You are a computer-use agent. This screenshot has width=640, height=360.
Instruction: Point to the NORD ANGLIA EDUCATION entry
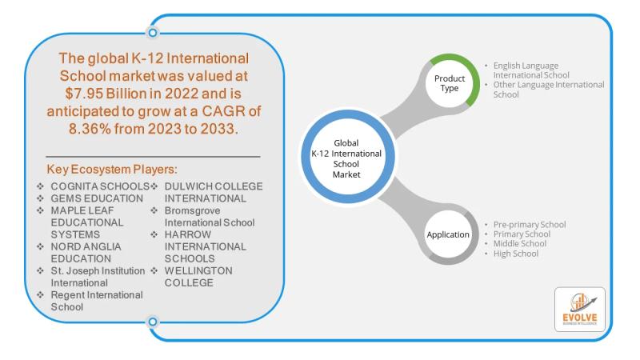86,253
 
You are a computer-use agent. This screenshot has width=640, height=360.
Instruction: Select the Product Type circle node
450,83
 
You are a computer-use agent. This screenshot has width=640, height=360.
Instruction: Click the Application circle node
448,236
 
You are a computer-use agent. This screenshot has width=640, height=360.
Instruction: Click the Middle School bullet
521,243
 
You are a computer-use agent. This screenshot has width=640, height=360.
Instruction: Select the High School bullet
516,254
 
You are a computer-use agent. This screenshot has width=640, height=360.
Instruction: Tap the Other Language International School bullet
549,89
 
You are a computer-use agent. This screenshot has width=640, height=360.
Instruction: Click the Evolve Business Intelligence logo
579,310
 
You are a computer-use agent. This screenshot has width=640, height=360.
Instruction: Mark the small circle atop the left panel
152,33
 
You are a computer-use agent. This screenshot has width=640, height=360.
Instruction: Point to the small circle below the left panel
152,322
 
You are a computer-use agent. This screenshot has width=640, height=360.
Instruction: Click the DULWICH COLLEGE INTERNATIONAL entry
212,192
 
